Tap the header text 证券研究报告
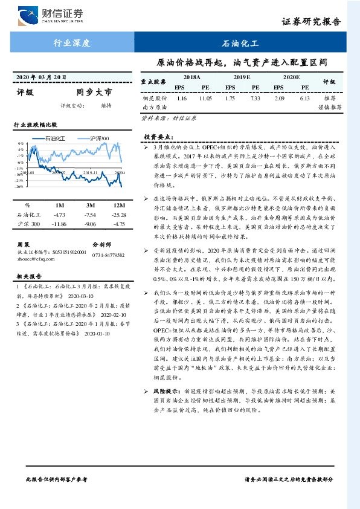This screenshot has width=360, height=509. (310, 22)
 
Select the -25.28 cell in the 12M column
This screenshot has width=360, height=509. (117, 214)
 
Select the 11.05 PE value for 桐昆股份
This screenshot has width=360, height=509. (205, 97)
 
